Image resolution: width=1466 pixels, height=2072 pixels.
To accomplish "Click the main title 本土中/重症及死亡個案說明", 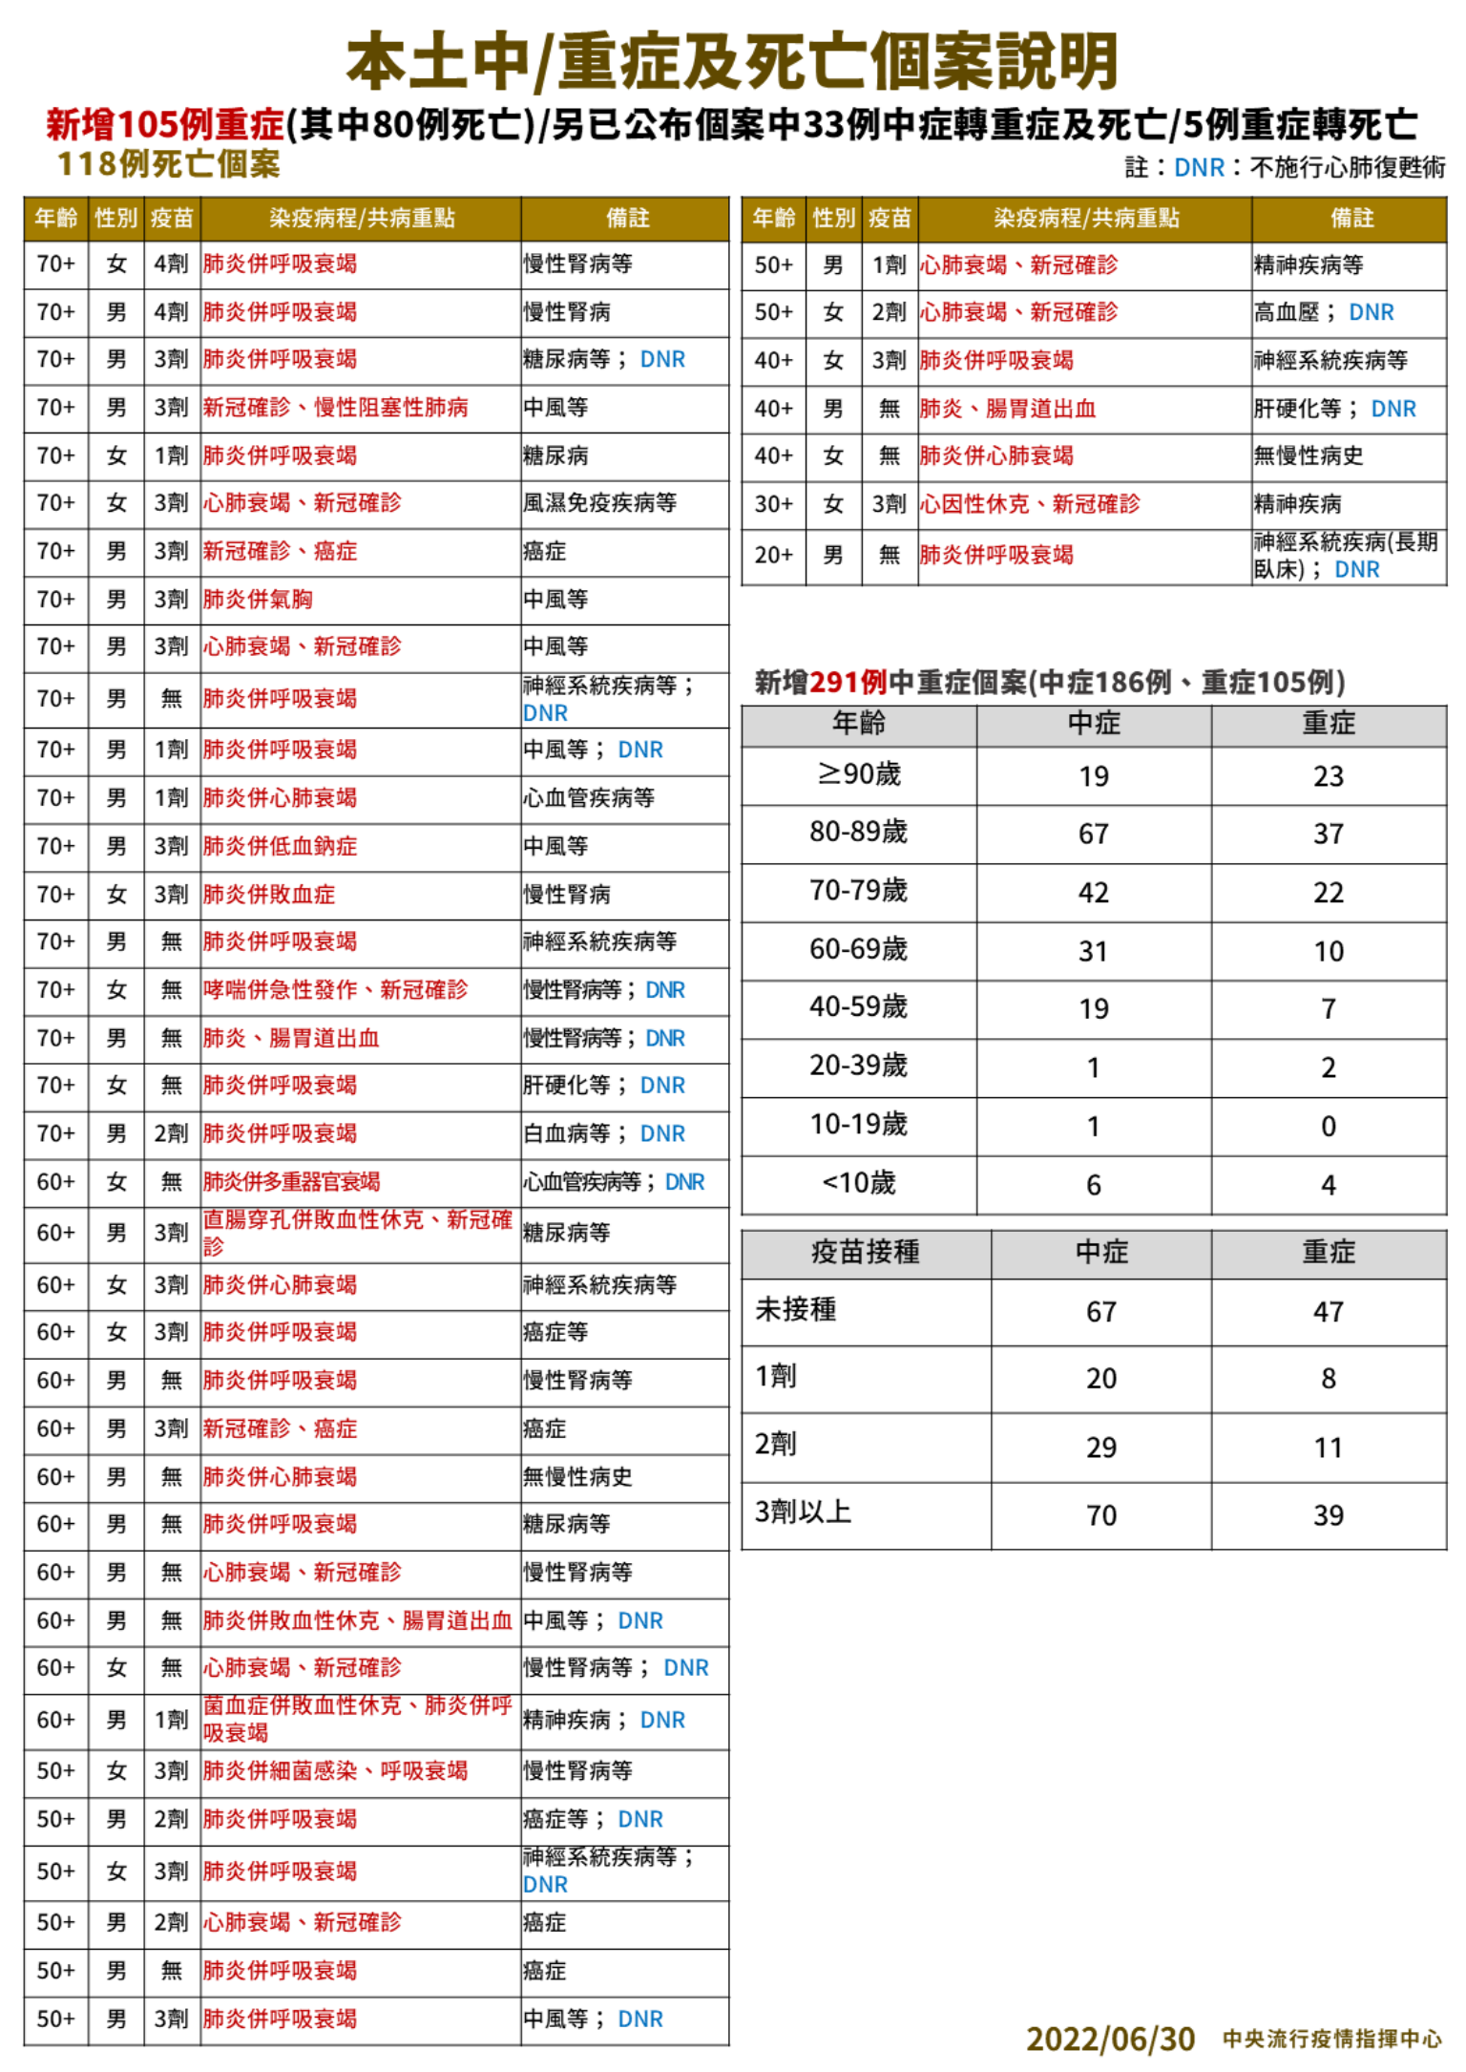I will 732,61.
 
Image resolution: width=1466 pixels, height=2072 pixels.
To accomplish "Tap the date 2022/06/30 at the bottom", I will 1110,2040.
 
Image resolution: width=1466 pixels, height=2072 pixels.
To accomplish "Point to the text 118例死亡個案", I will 169,164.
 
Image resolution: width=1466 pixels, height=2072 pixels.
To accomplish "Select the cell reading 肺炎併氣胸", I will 258,600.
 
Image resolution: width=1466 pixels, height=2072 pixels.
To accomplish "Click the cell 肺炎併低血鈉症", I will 280,846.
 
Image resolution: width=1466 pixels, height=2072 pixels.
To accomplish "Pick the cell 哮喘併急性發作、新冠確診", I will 335,990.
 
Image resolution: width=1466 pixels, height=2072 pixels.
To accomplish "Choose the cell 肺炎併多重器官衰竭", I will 291,1182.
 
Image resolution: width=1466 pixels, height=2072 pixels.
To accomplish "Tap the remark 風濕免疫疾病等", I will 599,503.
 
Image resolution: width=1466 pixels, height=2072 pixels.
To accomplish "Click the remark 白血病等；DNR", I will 603,1133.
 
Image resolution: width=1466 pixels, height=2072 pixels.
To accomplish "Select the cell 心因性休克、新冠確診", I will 1029,504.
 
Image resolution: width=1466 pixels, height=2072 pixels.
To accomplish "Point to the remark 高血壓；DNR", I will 1323,312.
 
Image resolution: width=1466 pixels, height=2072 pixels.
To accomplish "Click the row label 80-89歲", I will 858,833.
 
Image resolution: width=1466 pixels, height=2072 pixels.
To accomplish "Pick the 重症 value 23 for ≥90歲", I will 1328,775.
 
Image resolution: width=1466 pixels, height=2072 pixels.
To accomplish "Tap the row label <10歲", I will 858,1184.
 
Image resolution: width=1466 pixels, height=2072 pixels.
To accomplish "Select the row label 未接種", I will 796,1310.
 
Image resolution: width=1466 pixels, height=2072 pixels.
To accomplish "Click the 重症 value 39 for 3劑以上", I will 1328,1515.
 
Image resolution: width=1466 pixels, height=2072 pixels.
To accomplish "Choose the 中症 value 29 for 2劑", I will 1100,1448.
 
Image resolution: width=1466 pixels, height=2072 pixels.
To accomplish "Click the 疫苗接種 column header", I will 865,1252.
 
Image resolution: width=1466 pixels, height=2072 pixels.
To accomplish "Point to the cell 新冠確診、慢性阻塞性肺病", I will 335,408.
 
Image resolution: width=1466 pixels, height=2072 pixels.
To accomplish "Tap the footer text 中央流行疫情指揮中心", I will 1331,2040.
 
